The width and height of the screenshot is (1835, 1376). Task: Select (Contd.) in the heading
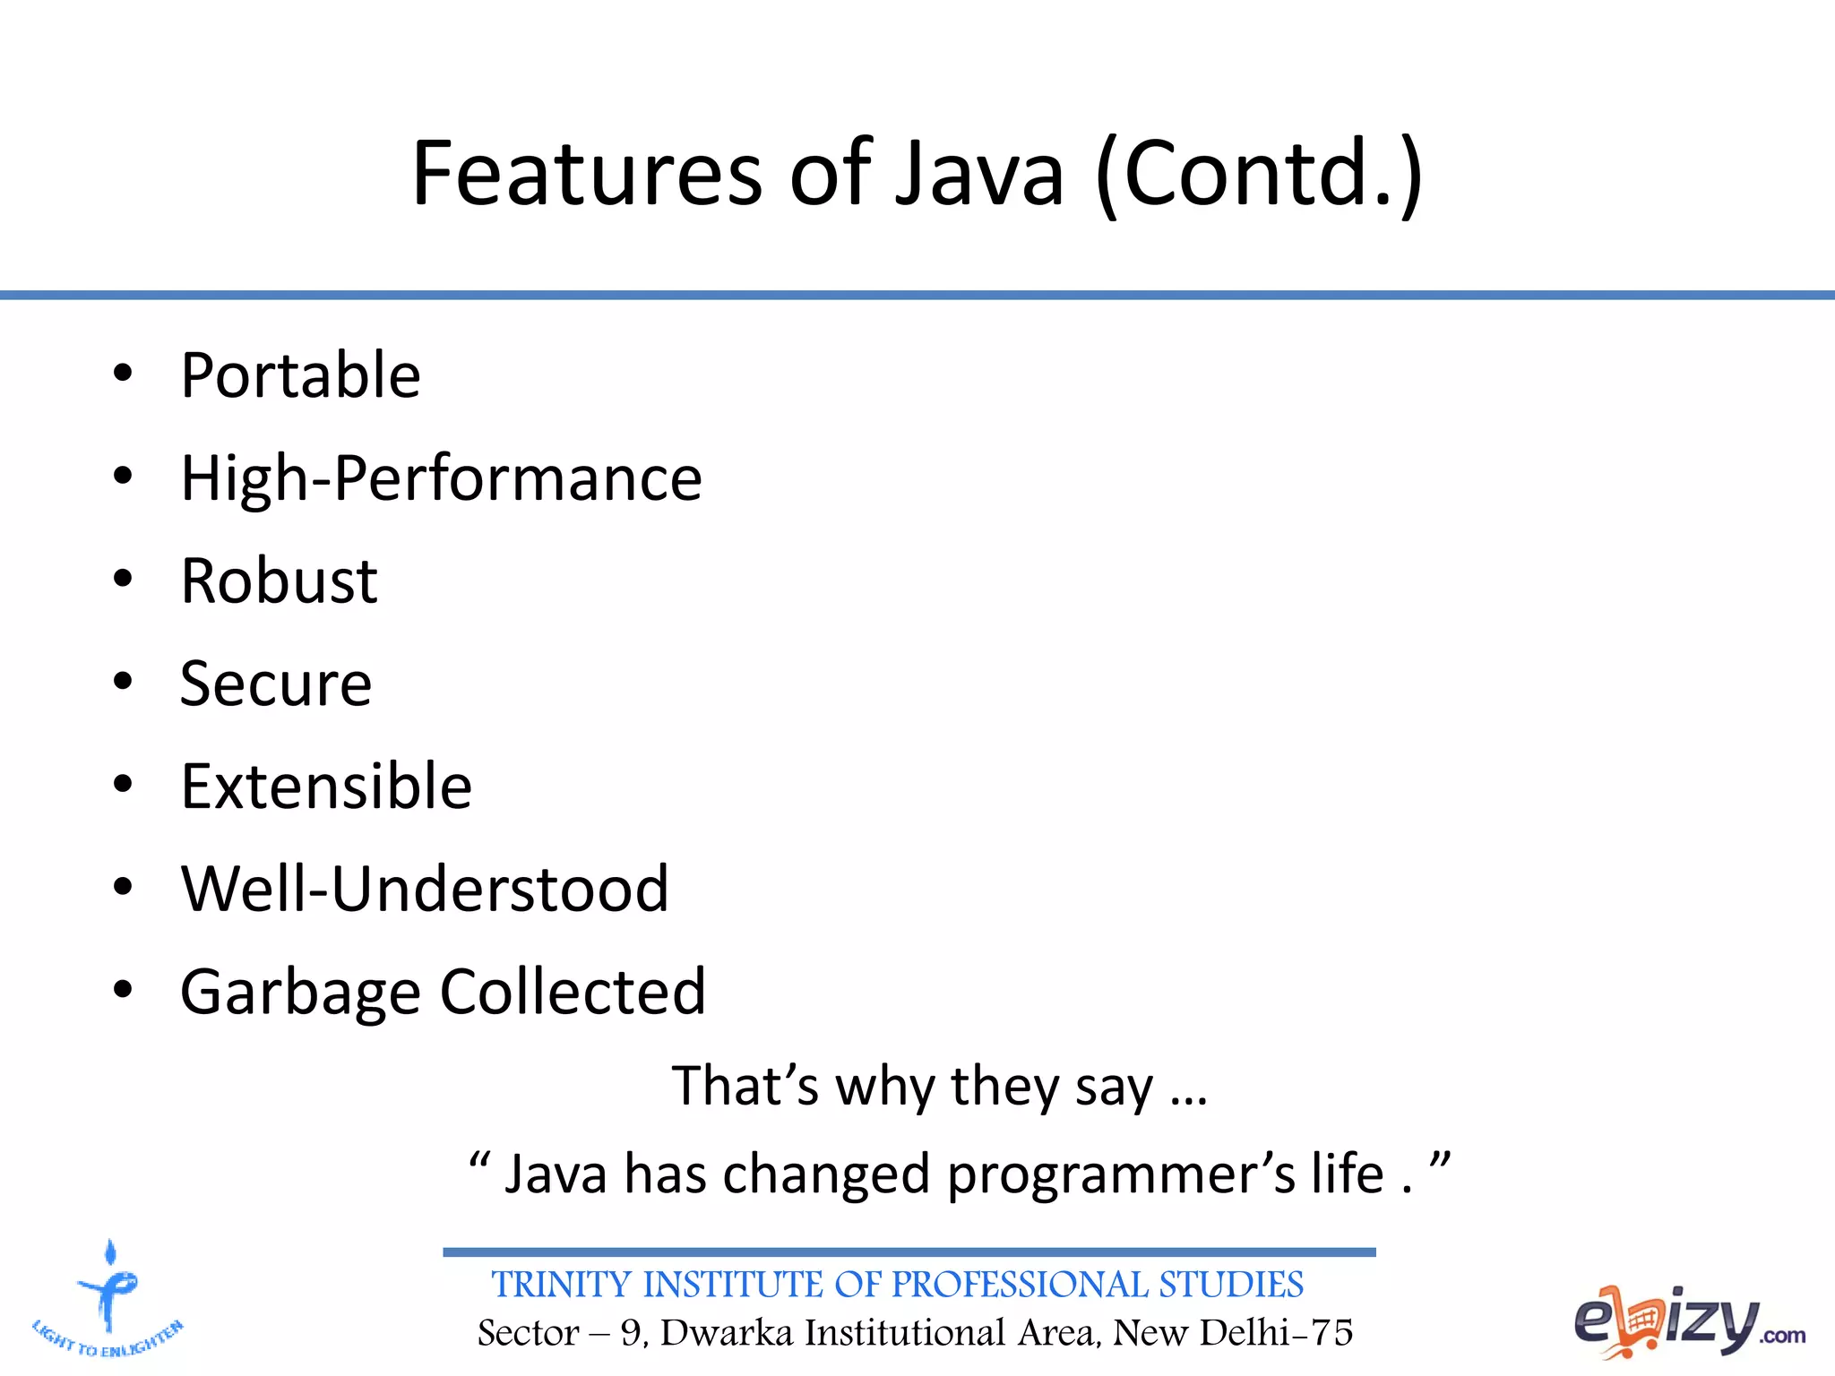pos(1259,175)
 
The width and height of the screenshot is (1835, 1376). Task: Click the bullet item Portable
pos(300,375)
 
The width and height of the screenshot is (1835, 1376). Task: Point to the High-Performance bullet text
pos(441,479)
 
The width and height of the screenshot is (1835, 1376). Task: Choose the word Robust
pos(279,581)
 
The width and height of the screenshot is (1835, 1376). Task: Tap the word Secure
pos(276,684)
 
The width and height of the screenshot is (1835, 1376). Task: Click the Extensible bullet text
pos(326,787)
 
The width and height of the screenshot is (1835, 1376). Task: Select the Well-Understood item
pos(425,890)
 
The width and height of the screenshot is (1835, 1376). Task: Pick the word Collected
pos(573,992)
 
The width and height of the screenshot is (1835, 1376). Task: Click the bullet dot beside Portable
pos(123,374)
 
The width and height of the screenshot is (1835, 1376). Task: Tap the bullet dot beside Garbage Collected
pos(123,990)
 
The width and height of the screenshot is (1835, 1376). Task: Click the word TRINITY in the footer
pos(562,1285)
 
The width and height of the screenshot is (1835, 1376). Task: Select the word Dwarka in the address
pos(727,1333)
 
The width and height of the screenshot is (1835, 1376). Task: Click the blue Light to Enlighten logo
pos(108,1299)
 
